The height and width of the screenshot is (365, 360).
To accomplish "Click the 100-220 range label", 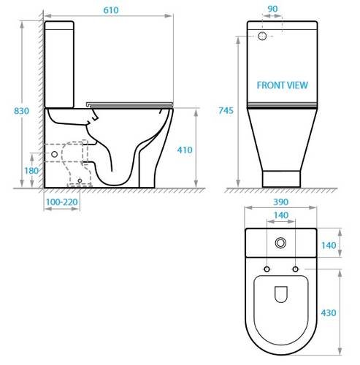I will pos(62,201).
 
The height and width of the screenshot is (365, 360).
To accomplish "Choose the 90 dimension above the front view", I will pos(272,9).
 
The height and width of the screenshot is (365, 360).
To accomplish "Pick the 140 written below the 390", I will pos(280,215).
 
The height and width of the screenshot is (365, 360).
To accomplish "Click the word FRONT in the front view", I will pos(270,85).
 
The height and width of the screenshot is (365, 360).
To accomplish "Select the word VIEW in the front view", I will pos(298,85).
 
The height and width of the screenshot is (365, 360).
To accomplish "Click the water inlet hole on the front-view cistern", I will pos(261,35).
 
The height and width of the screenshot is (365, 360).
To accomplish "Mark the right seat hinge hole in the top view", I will pos(295,269).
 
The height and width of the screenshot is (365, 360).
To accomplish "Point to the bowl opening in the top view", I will pos(280,293).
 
